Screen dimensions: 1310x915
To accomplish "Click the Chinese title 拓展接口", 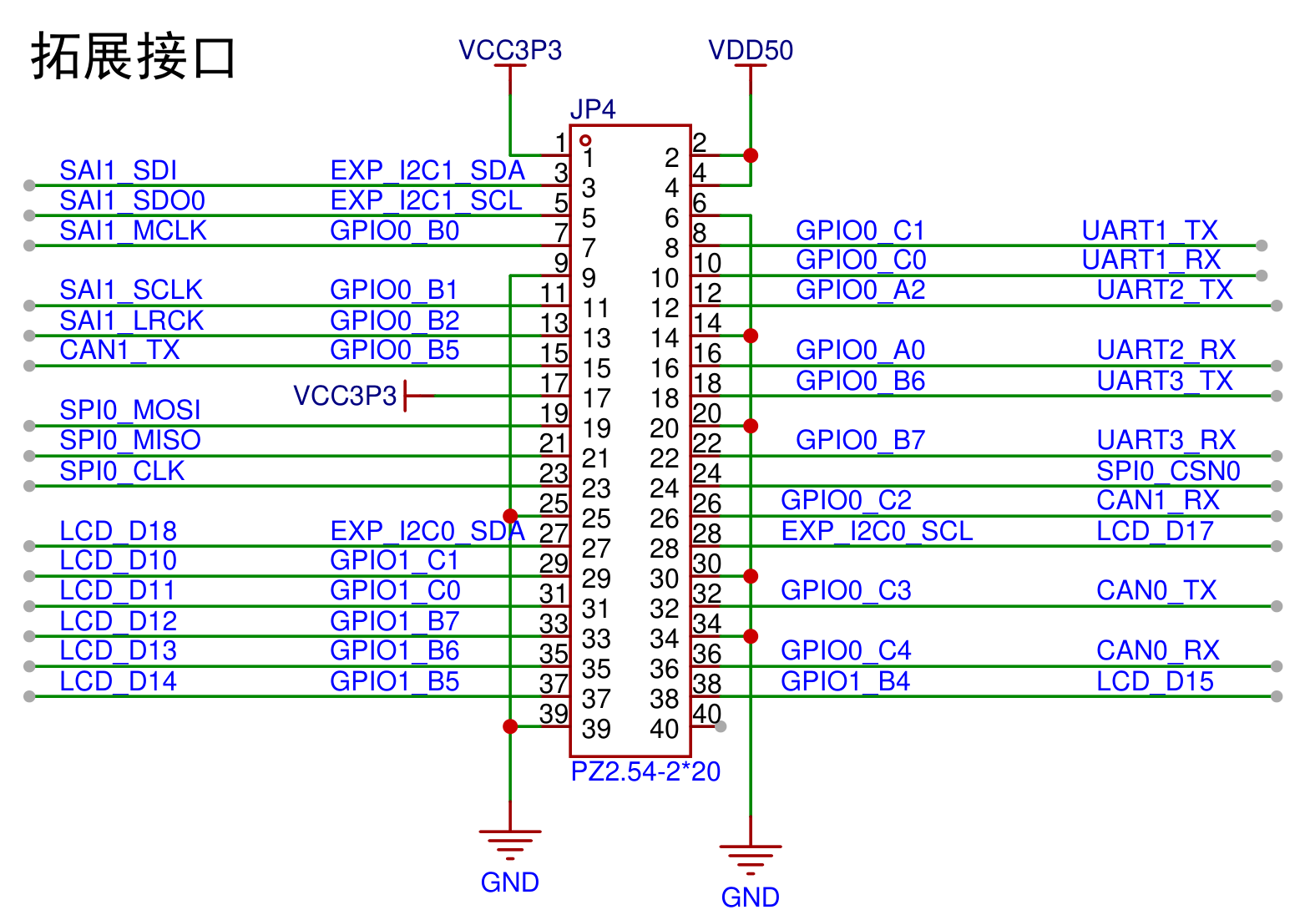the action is [x=134, y=56].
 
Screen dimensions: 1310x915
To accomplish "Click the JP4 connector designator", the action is [x=593, y=109].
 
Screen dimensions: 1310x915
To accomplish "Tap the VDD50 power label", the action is [x=751, y=50].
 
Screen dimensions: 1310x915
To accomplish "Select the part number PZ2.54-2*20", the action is [x=645, y=771].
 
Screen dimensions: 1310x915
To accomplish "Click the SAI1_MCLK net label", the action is [x=133, y=230].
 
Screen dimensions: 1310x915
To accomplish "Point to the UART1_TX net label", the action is [x=1149, y=230].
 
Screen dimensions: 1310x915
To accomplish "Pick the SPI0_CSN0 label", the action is [x=1168, y=471].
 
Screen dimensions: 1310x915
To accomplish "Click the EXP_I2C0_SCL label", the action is [x=877, y=531].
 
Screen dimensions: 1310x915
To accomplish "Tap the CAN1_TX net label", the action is [x=119, y=350].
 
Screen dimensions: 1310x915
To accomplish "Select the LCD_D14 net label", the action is [x=118, y=681].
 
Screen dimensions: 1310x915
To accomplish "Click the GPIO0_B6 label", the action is [x=860, y=381].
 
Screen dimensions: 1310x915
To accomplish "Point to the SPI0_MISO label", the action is [x=129, y=440].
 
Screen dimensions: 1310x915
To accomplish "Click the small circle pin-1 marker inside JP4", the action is [x=584, y=140].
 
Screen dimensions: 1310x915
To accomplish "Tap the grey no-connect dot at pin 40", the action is [x=721, y=726].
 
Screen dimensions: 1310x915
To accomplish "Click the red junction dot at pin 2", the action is [x=751, y=155].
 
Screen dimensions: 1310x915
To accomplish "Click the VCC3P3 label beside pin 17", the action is [x=345, y=396].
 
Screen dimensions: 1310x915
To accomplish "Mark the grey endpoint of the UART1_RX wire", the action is [x=1262, y=276].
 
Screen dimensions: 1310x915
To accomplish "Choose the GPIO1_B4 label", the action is [x=845, y=681].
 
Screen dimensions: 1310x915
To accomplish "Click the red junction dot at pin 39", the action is [x=510, y=726].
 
